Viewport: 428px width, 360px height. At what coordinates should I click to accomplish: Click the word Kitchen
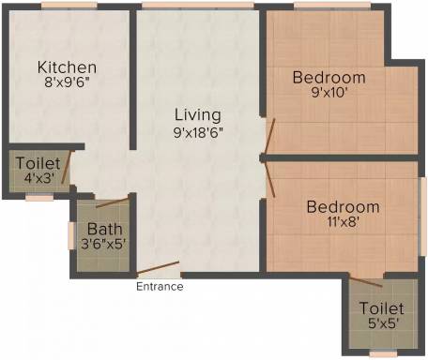click(67, 67)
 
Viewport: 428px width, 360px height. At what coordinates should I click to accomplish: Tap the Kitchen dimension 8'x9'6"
click(67, 82)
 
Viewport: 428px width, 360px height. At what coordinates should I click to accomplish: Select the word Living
click(198, 115)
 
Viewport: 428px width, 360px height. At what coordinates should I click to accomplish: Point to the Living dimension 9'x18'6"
click(198, 133)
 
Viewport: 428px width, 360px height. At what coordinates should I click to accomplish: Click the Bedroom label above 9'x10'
click(329, 78)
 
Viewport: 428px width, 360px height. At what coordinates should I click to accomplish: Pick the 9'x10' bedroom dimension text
click(329, 93)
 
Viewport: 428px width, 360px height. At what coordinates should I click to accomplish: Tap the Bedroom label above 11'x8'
click(344, 207)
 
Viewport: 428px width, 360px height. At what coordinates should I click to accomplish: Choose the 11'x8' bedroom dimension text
click(343, 222)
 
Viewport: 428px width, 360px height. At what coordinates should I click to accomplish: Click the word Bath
click(104, 229)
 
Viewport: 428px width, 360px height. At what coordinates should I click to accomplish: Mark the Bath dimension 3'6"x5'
click(103, 244)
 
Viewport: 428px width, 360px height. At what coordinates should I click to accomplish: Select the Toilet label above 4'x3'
click(38, 163)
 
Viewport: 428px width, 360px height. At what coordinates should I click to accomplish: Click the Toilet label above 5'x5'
click(381, 308)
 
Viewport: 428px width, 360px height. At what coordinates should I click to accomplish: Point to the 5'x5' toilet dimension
click(383, 323)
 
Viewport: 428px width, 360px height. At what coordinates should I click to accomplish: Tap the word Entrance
click(160, 287)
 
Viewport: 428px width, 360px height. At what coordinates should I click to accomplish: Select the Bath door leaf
click(113, 202)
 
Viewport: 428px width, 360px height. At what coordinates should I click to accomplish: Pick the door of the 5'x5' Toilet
click(366, 281)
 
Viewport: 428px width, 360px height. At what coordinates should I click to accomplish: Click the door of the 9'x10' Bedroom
click(269, 136)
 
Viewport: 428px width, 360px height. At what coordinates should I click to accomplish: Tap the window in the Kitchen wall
click(69, 6)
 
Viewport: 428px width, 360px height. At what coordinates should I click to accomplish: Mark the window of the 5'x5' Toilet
click(383, 353)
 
